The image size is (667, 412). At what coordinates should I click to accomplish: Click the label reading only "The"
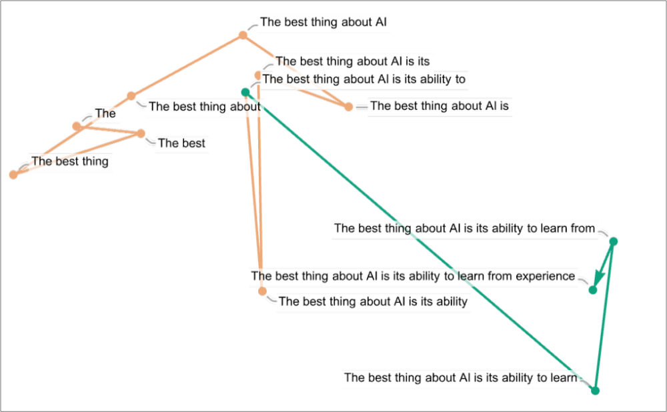pyautogui.click(x=105, y=113)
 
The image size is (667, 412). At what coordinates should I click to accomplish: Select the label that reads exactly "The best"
pyautogui.click(x=181, y=143)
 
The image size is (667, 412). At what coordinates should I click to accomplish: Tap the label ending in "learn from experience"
pyautogui.click(x=413, y=275)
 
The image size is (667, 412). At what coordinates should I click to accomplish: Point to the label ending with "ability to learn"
pyautogui.click(x=460, y=378)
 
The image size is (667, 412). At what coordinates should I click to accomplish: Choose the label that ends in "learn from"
pyautogui.click(x=464, y=228)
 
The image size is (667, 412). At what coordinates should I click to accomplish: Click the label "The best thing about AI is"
pyautogui.click(x=440, y=106)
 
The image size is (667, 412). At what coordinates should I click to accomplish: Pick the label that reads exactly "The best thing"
pyautogui.click(x=69, y=161)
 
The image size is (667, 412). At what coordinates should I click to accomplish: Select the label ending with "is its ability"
pyautogui.click(x=374, y=301)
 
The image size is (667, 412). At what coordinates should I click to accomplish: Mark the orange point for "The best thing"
pyautogui.click(x=13, y=175)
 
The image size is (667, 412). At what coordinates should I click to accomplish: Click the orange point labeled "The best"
pyautogui.click(x=141, y=133)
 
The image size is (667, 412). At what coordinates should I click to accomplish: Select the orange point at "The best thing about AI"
pyautogui.click(x=243, y=35)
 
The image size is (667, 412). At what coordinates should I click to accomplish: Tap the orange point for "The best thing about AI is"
pyautogui.click(x=348, y=107)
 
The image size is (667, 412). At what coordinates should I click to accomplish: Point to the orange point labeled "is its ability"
pyautogui.click(x=262, y=291)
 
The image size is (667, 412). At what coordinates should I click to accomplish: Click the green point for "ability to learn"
pyautogui.click(x=596, y=391)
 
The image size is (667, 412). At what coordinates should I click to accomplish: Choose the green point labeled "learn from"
pyautogui.click(x=614, y=241)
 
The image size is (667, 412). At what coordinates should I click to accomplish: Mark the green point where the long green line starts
pyautogui.click(x=245, y=91)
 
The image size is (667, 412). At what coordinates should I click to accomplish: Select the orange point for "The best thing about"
pyautogui.click(x=131, y=96)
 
